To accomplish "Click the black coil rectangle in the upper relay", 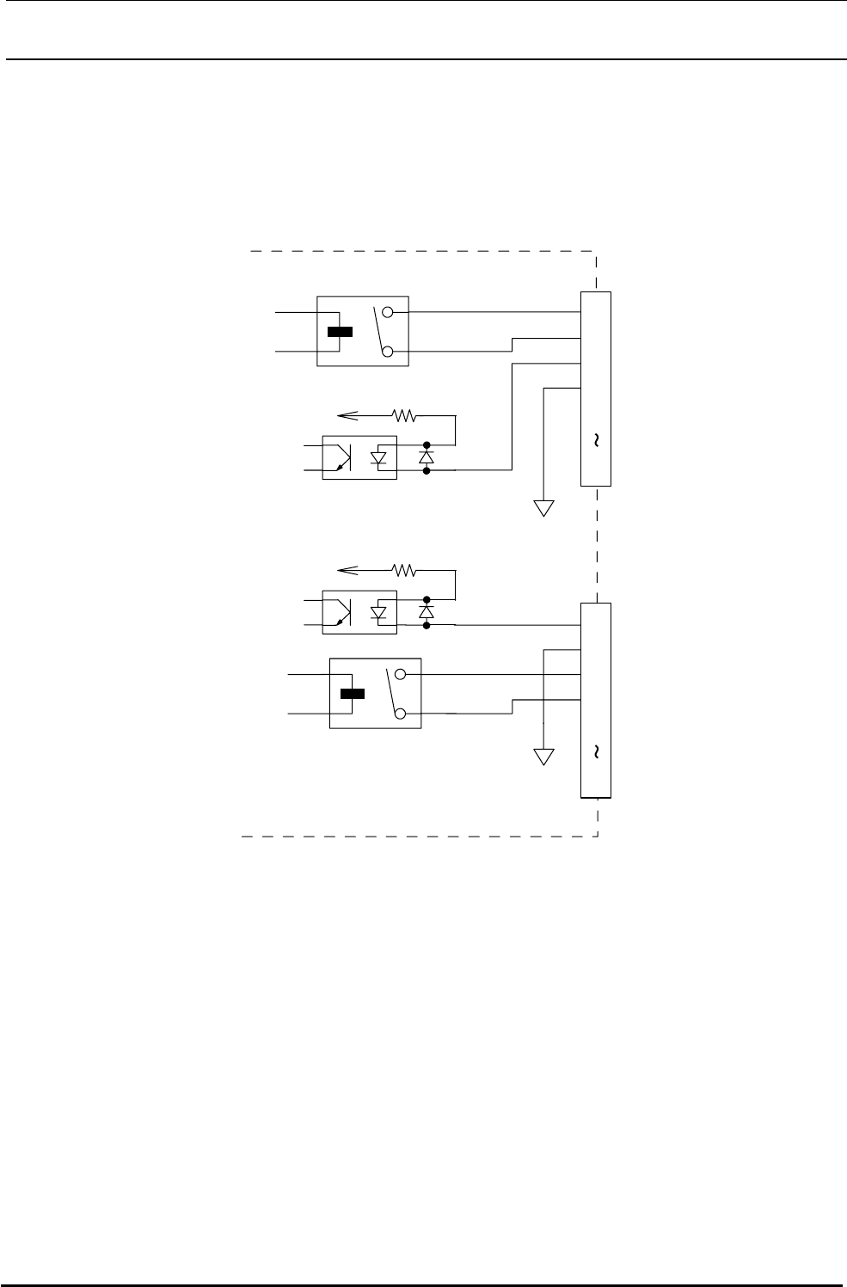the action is pyautogui.click(x=340, y=333).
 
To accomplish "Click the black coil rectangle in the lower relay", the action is pyautogui.click(x=352, y=695).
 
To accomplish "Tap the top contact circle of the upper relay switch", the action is pyautogui.click(x=387, y=313).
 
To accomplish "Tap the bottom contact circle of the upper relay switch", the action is pyautogui.click(x=387, y=351).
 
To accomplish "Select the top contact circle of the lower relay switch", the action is pyautogui.click(x=400, y=676).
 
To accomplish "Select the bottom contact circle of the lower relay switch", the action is pyautogui.click(x=400, y=714).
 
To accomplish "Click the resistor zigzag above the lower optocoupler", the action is pyautogui.click(x=403, y=570).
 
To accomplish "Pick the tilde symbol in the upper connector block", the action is pyautogui.click(x=596, y=440).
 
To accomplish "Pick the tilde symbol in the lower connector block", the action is pyautogui.click(x=596, y=751).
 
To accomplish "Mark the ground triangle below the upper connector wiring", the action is pyautogui.click(x=543, y=508).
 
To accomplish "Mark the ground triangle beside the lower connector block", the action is pyautogui.click(x=543, y=757).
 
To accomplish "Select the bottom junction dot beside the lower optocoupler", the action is pyautogui.click(x=427, y=626).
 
